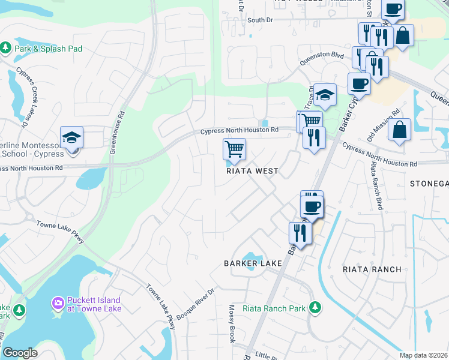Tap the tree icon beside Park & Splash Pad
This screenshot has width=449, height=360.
click(6, 47)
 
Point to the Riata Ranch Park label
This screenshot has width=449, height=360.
click(275, 309)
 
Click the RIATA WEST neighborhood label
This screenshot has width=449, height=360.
click(252, 171)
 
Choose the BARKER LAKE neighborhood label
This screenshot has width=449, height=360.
click(253, 263)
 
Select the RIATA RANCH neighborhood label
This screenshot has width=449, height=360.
click(372, 269)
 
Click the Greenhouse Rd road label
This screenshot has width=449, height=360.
click(118, 132)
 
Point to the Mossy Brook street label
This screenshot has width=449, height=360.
click(231, 324)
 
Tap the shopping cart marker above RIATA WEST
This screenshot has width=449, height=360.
click(234, 149)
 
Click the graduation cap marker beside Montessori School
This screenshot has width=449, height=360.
click(71, 137)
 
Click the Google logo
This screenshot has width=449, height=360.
click(20, 353)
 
